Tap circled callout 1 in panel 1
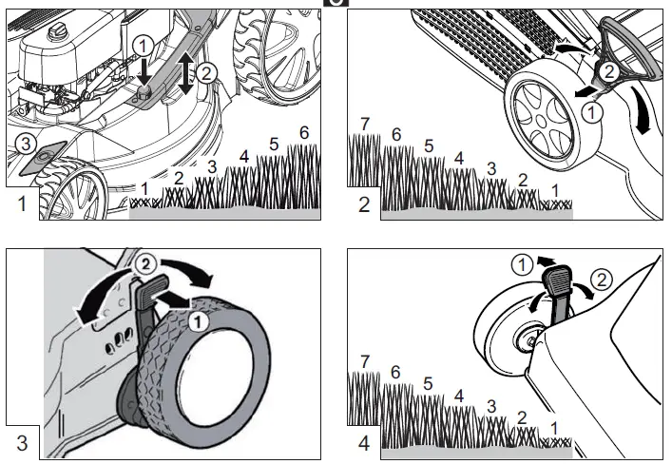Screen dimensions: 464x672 [141, 46]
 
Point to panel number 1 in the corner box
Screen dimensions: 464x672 [21, 203]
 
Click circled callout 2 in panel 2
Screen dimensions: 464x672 [612, 69]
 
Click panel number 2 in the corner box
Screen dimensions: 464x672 [363, 204]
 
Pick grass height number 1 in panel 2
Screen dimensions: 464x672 [555, 189]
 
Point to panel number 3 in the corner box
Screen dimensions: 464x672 [21, 442]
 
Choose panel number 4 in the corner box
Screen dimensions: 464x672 [363, 442]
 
